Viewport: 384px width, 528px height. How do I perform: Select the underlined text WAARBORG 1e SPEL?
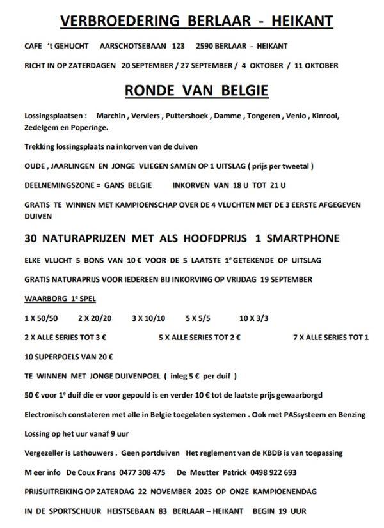point(60,299)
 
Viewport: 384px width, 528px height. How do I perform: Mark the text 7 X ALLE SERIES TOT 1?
point(330,336)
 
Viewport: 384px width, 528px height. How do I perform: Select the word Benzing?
point(351,415)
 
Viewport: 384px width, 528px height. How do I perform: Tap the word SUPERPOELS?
point(61,356)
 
